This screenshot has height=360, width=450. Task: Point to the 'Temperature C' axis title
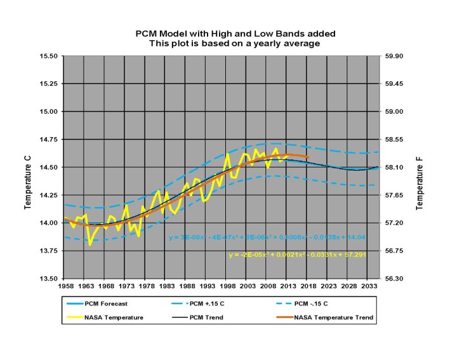[x=28, y=168]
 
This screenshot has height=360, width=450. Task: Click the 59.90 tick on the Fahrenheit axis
[x=397, y=56]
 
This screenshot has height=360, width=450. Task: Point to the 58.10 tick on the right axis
[x=397, y=168]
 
